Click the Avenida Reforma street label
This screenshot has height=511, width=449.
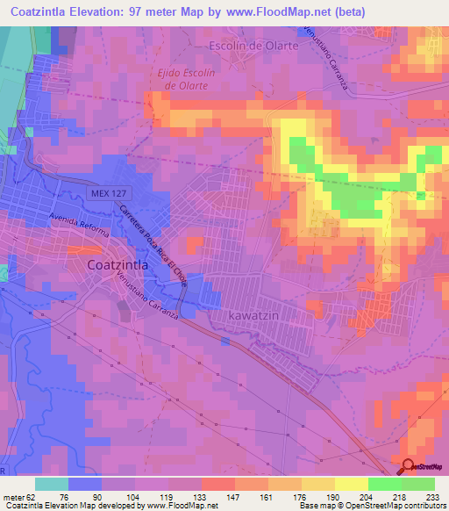pyautogui.click(x=79, y=225)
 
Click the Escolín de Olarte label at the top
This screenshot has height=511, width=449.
pyautogui.click(x=247, y=45)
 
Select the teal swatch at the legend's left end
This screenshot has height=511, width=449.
pyautogui.click(x=52, y=484)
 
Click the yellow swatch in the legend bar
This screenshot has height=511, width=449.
pyautogui.click(x=352, y=484)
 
